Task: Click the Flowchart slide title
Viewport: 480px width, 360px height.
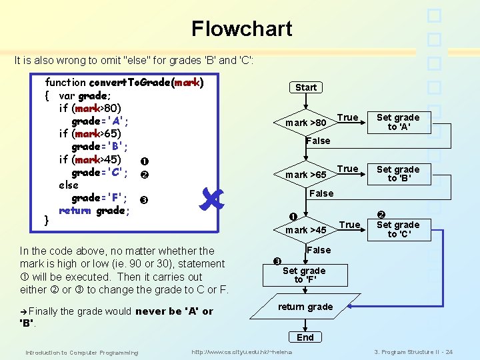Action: (x=241, y=29)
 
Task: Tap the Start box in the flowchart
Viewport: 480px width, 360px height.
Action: (x=306, y=87)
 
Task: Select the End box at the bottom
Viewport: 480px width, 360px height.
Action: (x=305, y=337)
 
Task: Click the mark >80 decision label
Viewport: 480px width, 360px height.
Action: (x=306, y=123)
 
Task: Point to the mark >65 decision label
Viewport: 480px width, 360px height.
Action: (x=306, y=175)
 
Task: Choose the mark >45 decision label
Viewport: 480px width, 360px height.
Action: (x=306, y=230)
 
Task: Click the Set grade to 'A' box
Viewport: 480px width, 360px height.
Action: (x=398, y=123)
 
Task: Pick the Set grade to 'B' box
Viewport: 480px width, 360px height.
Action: (x=398, y=174)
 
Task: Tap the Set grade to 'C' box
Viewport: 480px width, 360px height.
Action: (x=398, y=229)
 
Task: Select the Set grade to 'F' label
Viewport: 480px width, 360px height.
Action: (x=304, y=275)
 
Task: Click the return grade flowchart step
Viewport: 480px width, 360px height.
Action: (x=305, y=307)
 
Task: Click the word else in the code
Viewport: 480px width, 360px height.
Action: (x=69, y=185)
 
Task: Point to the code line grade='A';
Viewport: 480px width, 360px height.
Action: (x=100, y=121)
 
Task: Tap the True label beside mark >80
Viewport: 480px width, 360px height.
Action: (x=347, y=117)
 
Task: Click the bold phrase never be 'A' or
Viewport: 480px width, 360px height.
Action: (x=174, y=311)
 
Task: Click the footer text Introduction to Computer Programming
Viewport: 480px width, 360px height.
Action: (x=81, y=352)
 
